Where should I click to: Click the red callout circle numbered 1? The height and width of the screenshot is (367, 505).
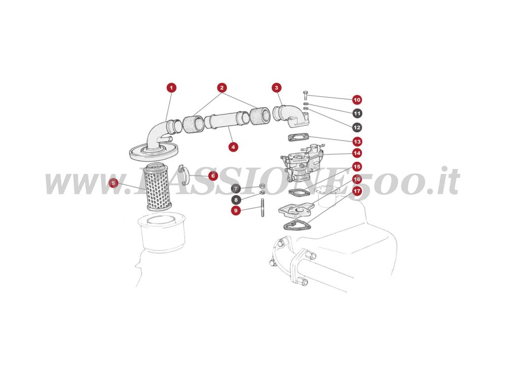click(171, 88)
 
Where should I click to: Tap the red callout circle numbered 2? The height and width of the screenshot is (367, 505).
click(222, 88)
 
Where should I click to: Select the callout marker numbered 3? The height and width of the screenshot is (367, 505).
click(276, 88)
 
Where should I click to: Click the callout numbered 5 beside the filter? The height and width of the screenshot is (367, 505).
click(114, 183)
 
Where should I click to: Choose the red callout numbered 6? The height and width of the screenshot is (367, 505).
click(213, 176)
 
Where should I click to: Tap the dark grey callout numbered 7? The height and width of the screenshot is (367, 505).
click(236, 188)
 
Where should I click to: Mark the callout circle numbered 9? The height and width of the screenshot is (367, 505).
click(236, 211)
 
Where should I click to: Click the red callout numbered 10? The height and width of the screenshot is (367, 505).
click(357, 100)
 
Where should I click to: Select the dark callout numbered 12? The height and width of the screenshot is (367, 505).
click(357, 127)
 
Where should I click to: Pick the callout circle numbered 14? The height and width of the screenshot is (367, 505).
click(357, 153)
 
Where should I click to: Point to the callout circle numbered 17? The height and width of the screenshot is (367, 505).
click(357, 190)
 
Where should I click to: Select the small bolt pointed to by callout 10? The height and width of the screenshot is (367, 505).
click(306, 95)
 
